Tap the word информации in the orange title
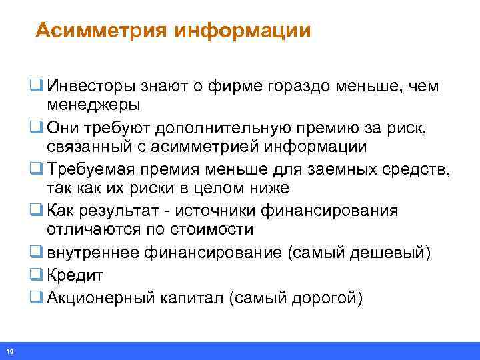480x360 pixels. point(243,31)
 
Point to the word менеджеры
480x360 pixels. point(93,105)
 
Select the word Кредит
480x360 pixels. point(75,275)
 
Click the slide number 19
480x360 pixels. point(10,351)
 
